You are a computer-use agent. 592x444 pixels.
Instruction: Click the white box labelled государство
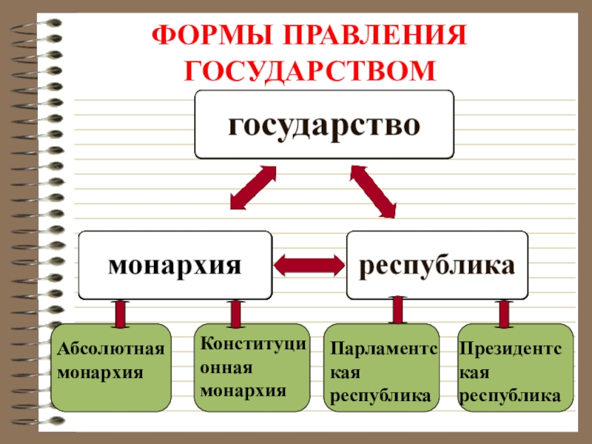[x=324, y=124]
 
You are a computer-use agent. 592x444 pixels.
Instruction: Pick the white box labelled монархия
[x=175, y=264]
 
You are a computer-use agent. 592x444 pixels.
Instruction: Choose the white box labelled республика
[x=438, y=264]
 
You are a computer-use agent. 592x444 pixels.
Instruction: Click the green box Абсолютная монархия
[x=111, y=367]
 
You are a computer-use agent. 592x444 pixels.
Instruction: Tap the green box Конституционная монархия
[x=252, y=367]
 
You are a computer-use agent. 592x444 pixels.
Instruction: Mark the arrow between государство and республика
[x=374, y=191]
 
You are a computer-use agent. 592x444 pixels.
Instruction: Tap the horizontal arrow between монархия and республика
[x=309, y=263]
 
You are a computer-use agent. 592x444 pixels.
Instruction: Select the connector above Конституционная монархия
[x=235, y=312]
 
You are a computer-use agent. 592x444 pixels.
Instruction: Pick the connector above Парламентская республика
[x=397, y=309]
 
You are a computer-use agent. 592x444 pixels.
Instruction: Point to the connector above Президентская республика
[x=504, y=312]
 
